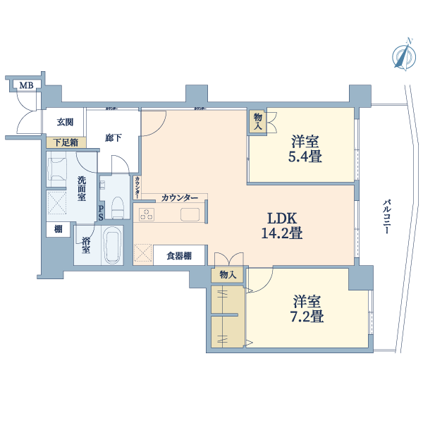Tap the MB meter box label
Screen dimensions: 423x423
(x=26, y=86)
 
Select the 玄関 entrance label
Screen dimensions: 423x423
(x=65, y=122)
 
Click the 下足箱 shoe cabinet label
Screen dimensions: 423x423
(x=66, y=142)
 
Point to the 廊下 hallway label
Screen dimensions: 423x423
(x=114, y=137)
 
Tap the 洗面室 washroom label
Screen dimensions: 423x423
(x=82, y=189)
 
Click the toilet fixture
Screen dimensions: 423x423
(x=117, y=206)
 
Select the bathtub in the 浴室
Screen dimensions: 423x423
(x=112, y=245)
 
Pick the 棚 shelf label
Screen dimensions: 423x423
(x=58, y=229)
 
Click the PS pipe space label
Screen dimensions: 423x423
(x=101, y=212)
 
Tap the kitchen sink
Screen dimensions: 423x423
(x=190, y=214)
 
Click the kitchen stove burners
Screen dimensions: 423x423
(x=147, y=213)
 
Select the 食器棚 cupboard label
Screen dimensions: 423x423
(x=179, y=255)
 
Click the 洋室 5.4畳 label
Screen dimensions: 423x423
(x=306, y=149)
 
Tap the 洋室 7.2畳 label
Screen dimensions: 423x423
(x=307, y=309)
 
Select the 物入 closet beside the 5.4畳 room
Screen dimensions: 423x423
(x=257, y=122)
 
